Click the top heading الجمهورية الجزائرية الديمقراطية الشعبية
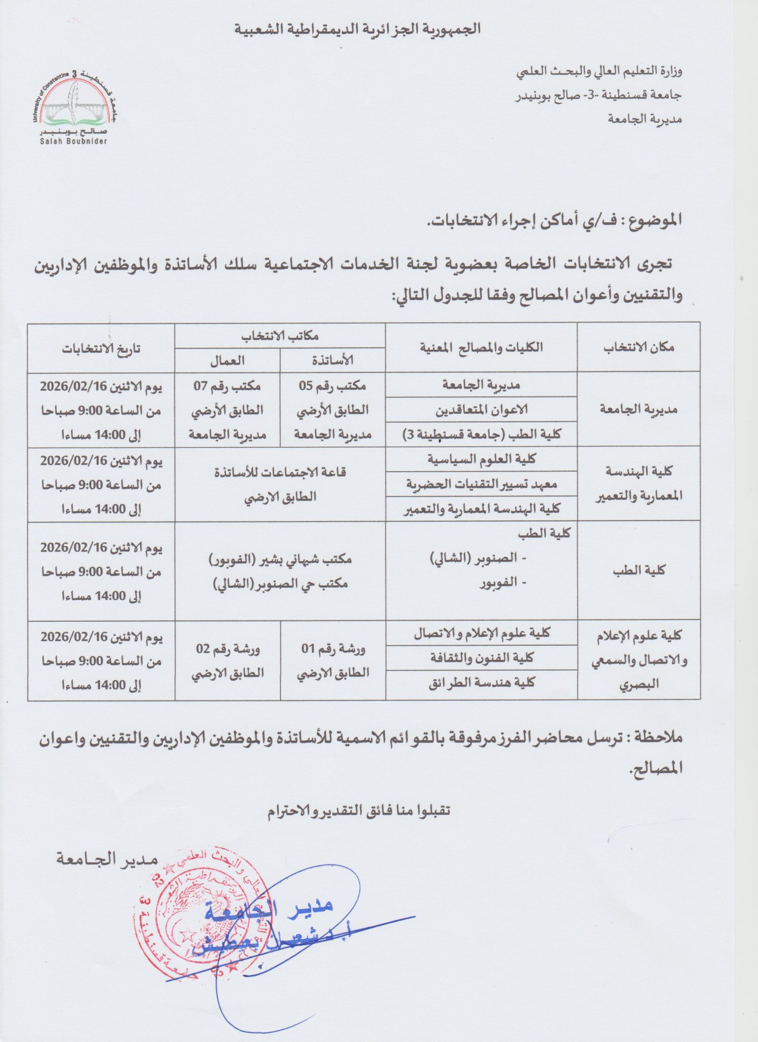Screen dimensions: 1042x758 357,29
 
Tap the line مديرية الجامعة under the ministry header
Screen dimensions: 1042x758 644,119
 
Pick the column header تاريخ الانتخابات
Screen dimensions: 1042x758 101,349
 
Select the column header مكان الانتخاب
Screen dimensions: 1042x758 638,348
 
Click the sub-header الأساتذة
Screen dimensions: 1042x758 332,360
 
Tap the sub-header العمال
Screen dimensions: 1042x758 227,360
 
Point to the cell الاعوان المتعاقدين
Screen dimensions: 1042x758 481,410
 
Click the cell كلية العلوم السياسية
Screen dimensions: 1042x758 481,459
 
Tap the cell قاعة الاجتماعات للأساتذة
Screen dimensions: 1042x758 280,473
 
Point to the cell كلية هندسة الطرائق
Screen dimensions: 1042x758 481,683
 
